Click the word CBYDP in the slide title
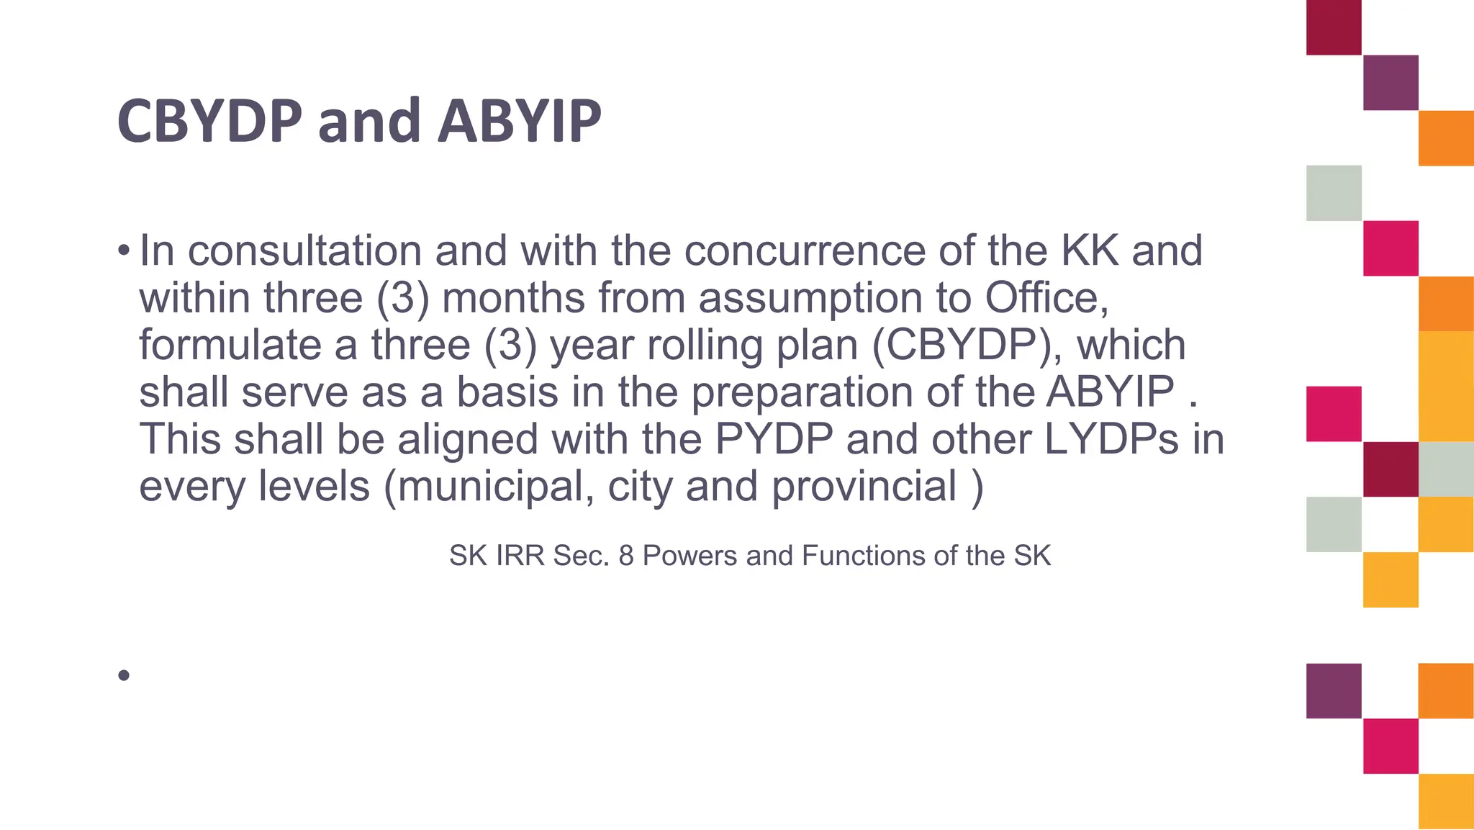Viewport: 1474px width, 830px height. click(x=209, y=121)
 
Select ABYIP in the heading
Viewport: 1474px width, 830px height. click(x=519, y=121)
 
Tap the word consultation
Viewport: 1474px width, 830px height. click(x=304, y=251)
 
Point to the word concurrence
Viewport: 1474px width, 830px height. click(x=804, y=251)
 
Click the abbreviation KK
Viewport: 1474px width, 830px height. click(x=1090, y=251)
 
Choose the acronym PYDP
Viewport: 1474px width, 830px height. click(x=774, y=439)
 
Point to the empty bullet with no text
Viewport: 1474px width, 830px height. click(x=124, y=675)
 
